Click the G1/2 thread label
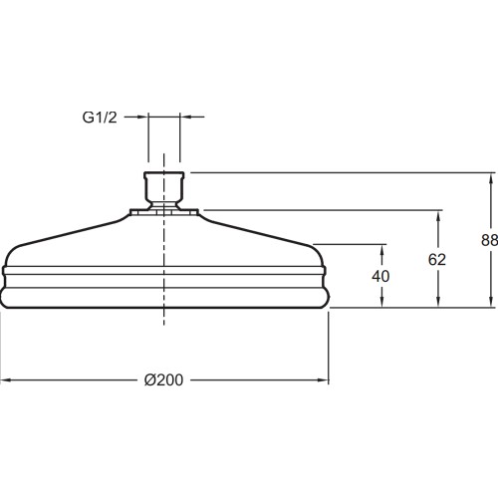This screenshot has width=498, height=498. point(100,118)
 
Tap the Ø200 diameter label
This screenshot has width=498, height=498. point(163,380)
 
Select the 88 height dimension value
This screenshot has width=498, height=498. point(489,240)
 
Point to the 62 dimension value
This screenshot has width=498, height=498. point(437,260)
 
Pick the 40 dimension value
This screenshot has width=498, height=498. point(380,276)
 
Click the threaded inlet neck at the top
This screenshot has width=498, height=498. point(163,190)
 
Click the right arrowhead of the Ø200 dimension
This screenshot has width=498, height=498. point(323,380)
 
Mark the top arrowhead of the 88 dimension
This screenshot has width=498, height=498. point(491,179)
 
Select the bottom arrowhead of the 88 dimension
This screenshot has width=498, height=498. point(491,302)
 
